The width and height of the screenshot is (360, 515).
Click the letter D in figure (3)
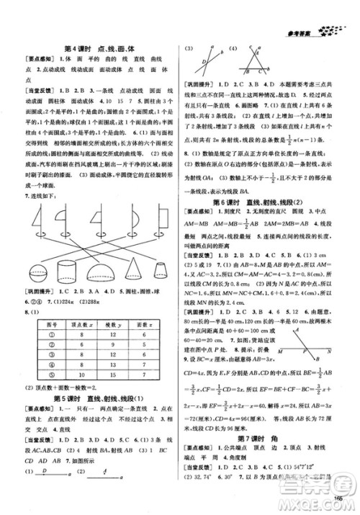point(204,62)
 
